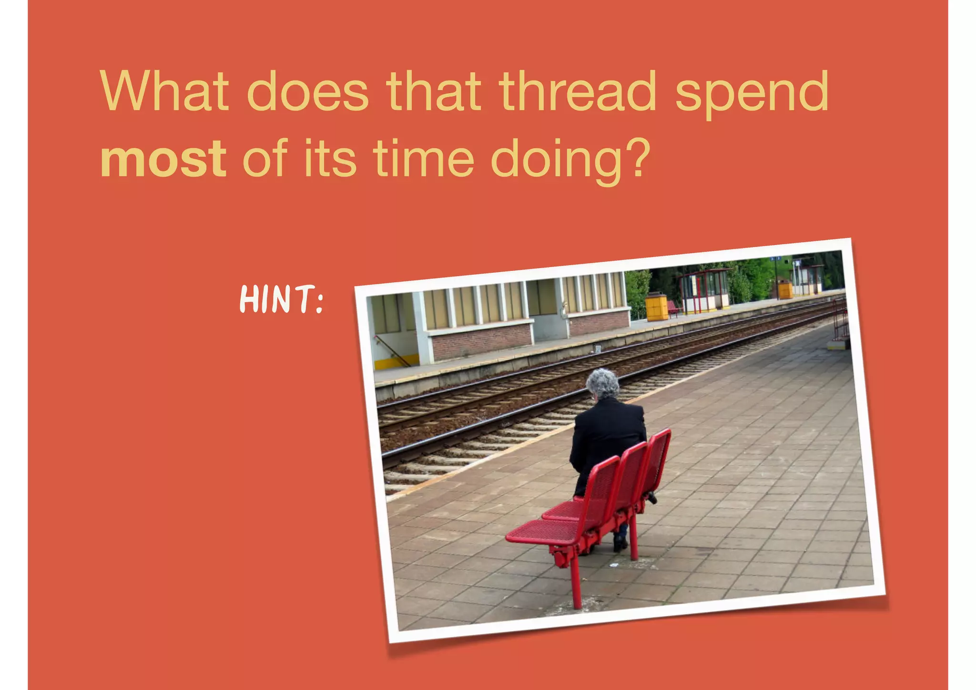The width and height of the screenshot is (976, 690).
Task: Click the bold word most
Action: pos(163,159)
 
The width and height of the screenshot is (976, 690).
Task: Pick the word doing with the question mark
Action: pos(570,160)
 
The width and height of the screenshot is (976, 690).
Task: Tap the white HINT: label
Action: pos(281,299)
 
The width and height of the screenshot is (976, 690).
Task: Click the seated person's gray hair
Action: pos(603,383)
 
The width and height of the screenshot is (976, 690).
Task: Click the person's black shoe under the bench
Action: pos(620,542)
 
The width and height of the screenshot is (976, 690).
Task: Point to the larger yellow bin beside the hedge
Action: pos(657,306)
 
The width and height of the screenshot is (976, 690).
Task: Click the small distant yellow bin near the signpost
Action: pos(785,289)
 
